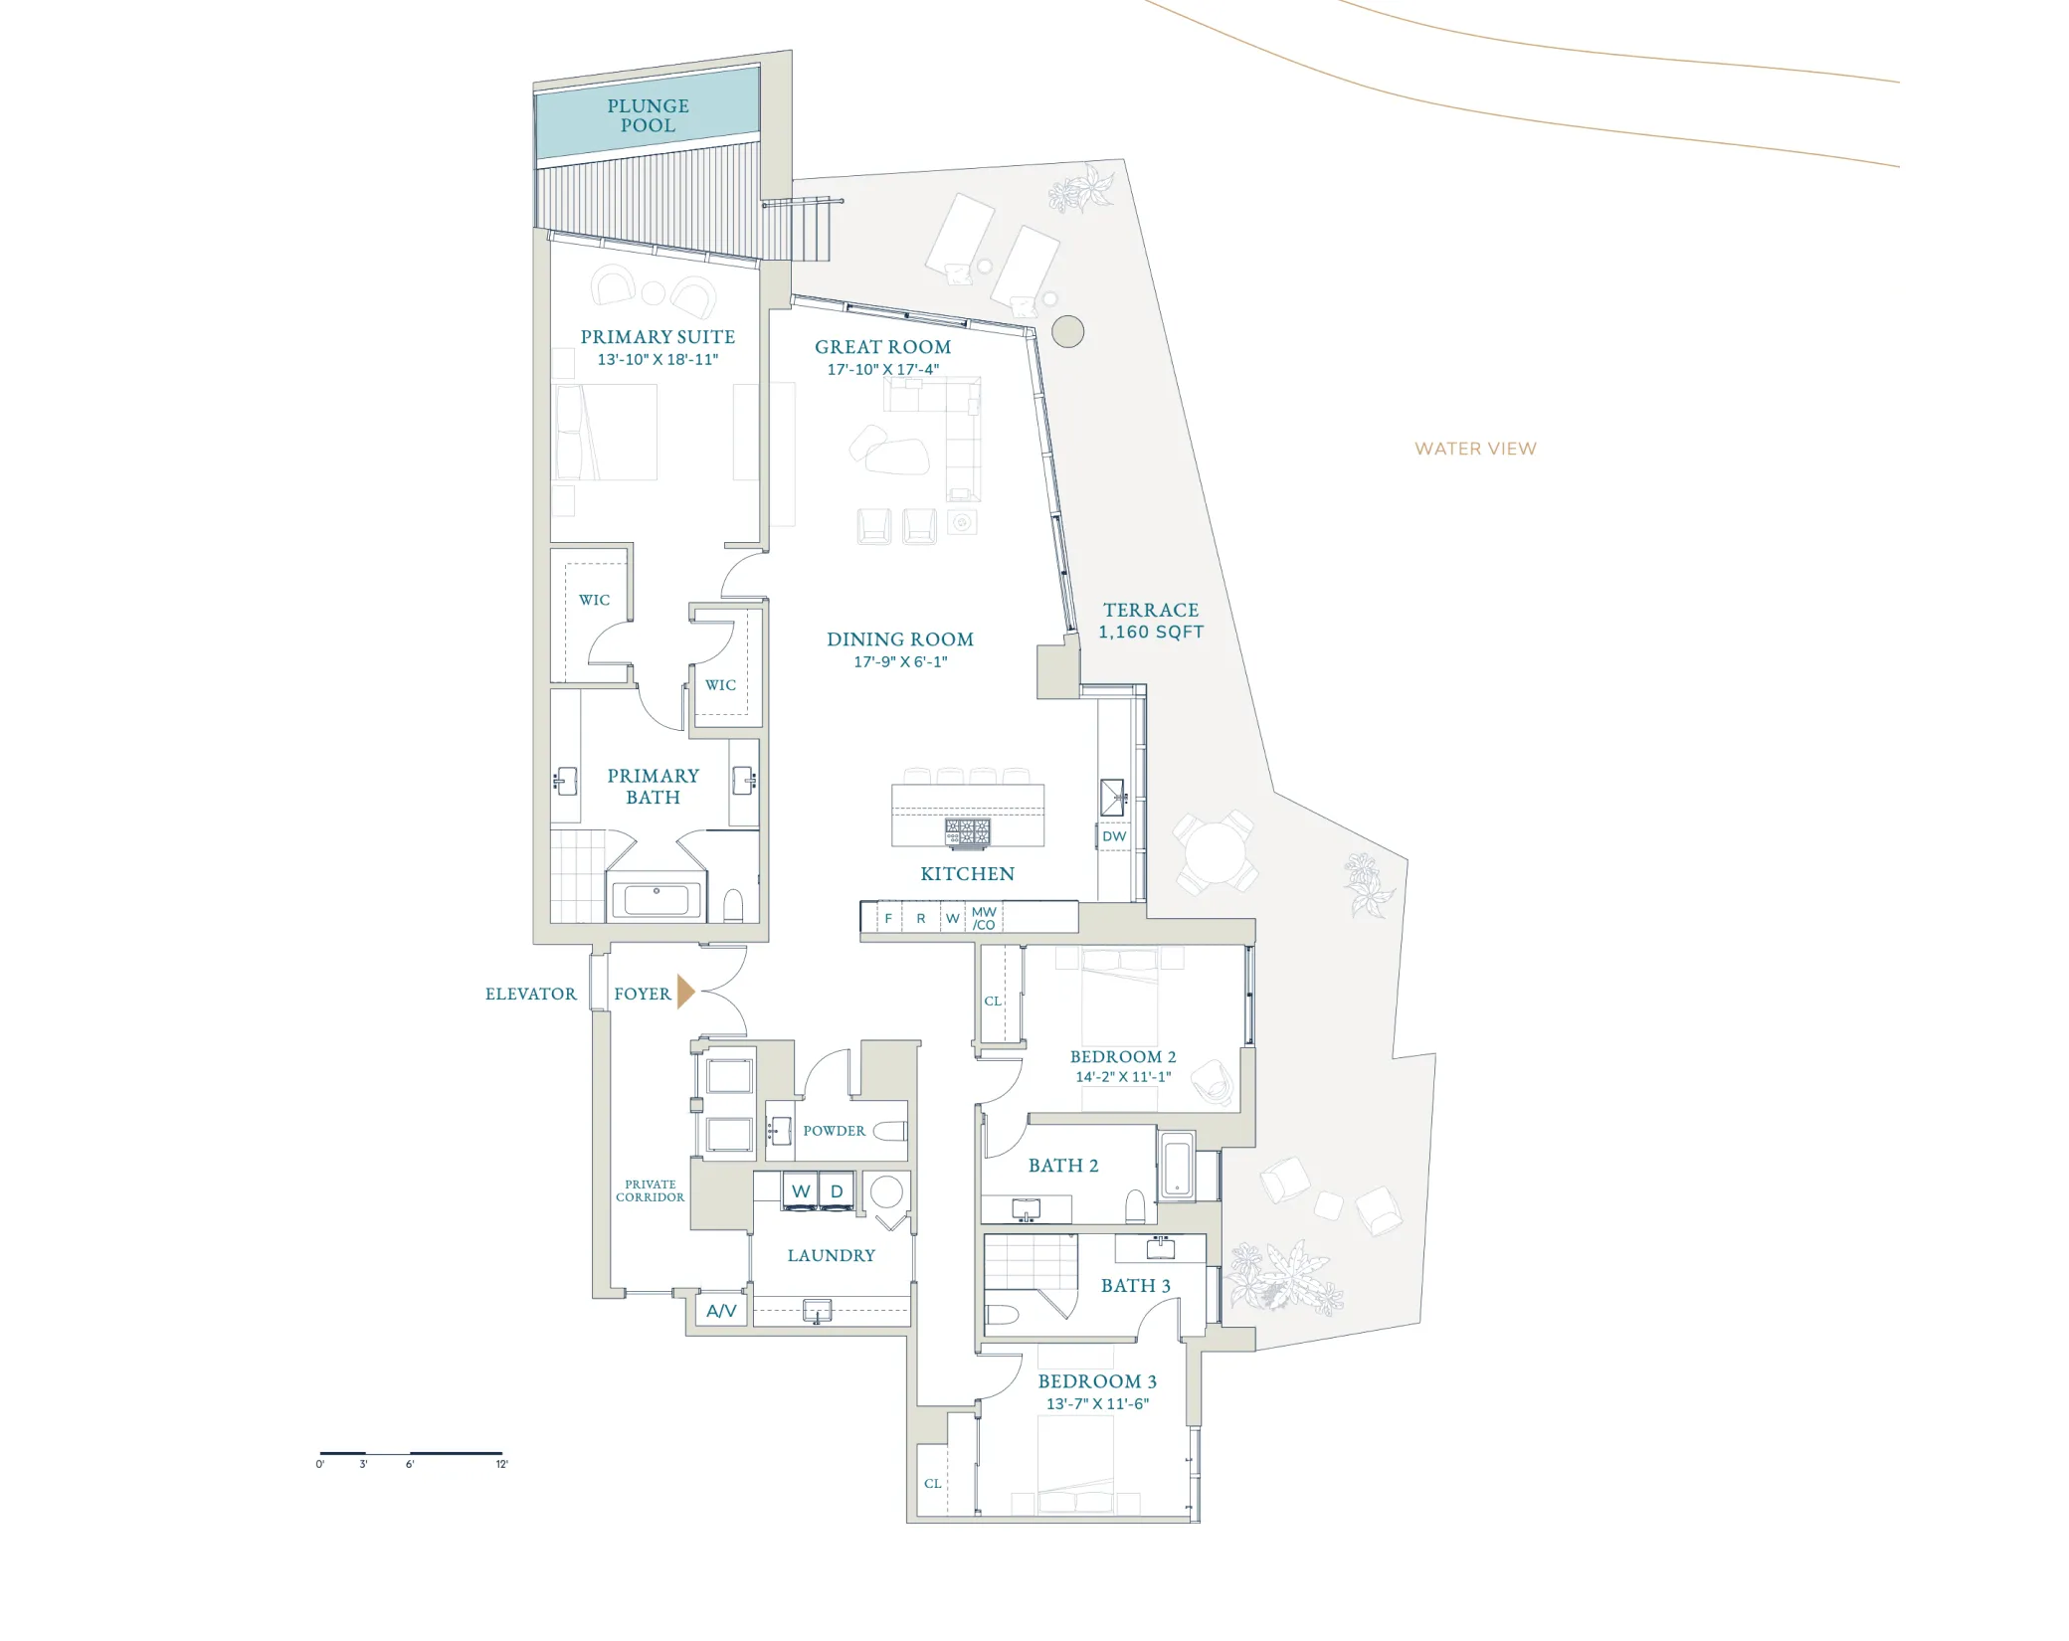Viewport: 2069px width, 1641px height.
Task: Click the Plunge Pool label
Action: click(x=648, y=115)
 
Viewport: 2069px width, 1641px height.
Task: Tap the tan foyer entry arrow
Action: click(x=685, y=992)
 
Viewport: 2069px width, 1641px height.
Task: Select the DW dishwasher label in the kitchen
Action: click(x=1114, y=836)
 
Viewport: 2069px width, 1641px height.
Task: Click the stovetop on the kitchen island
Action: click(x=968, y=832)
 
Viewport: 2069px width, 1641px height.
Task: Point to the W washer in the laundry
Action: click(x=801, y=1190)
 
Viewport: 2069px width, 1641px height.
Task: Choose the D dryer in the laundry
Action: click(x=837, y=1190)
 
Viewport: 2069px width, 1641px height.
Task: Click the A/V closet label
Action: click(x=721, y=1311)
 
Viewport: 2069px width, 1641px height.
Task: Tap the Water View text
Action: click(x=1475, y=449)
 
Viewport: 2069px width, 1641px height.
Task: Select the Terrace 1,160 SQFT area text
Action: click(x=1151, y=621)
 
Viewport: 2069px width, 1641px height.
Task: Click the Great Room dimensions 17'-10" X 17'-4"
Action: click(x=883, y=369)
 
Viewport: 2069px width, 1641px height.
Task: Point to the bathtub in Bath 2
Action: click(x=1177, y=1165)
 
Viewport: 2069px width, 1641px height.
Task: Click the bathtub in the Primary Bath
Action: click(x=657, y=899)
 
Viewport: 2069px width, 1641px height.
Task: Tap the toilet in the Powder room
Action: click(x=890, y=1131)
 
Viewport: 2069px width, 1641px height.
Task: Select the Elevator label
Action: click(x=530, y=994)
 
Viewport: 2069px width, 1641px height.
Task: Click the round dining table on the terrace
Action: click(x=1215, y=851)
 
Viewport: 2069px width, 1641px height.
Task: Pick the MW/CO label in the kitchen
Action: click(x=984, y=918)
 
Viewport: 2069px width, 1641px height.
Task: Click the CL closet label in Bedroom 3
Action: click(x=932, y=1483)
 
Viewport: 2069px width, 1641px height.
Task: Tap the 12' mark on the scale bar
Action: click(x=502, y=1464)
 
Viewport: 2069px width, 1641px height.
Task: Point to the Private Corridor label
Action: click(x=650, y=1190)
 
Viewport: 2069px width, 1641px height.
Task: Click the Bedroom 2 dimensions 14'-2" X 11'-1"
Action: click(x=1123, y=1076)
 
